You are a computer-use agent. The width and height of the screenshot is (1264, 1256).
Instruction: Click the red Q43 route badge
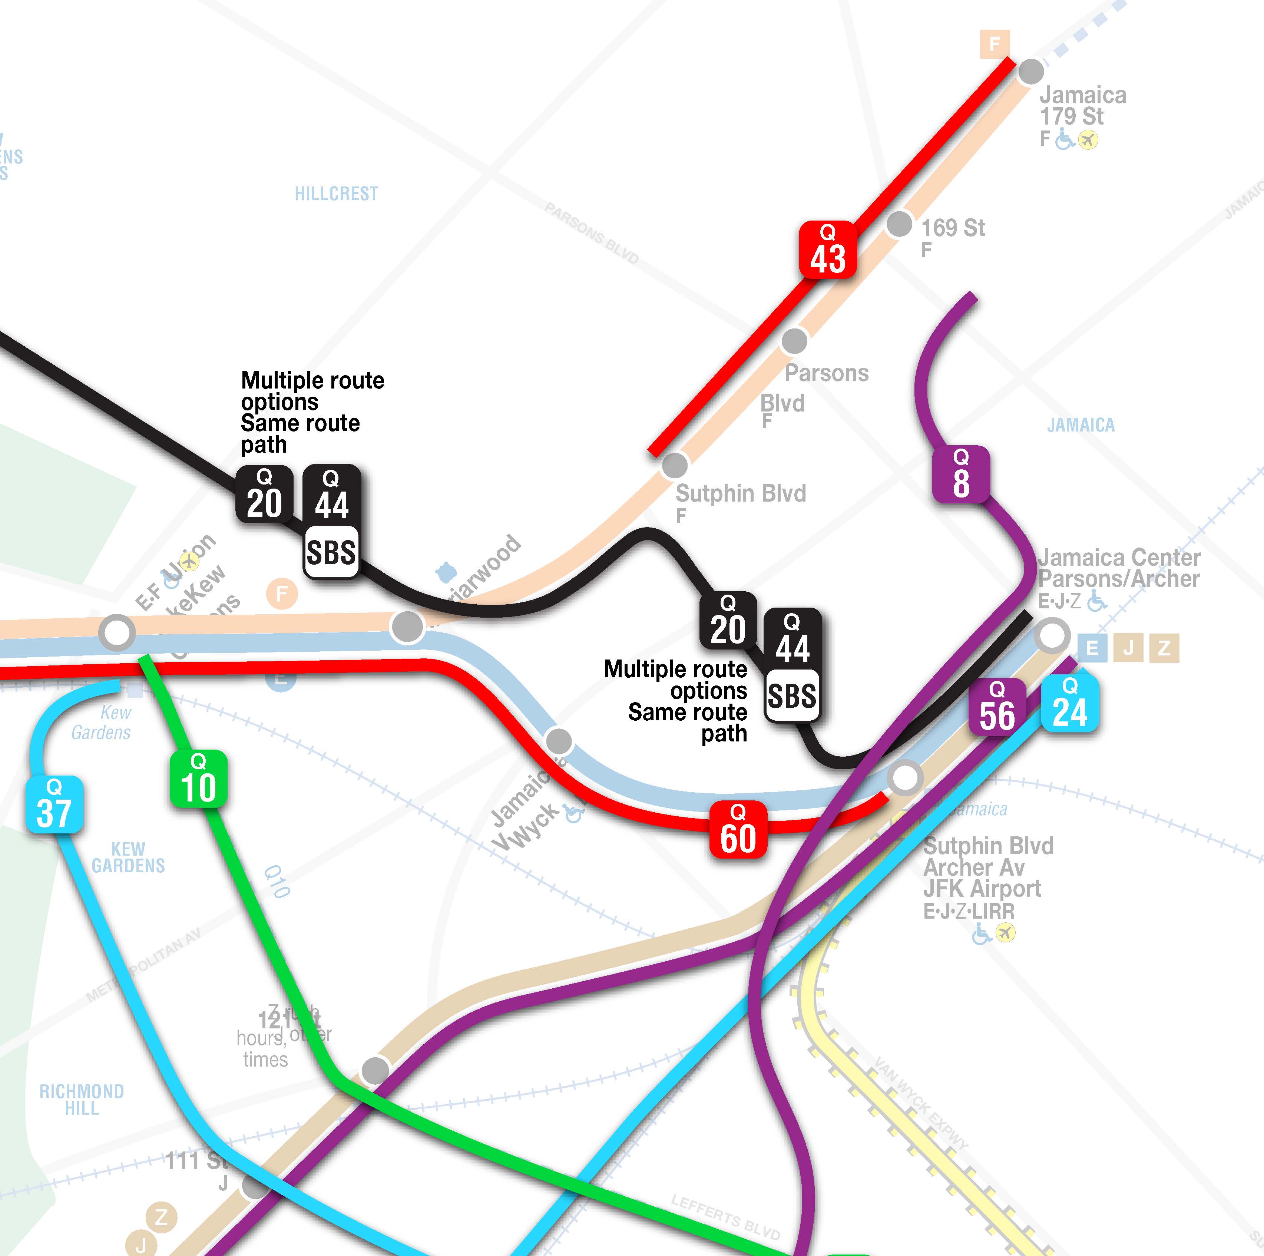coord(828,249)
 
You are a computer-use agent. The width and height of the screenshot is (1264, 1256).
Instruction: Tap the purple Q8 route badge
coord(960,474)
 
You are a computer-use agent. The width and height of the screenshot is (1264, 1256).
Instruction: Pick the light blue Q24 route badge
coord(1070,703)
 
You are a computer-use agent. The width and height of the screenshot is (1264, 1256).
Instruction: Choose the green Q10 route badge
coord(198,779)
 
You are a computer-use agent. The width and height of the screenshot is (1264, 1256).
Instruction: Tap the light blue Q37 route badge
coord(54,804)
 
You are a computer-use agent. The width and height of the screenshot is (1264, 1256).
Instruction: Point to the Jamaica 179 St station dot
coord(1031,71)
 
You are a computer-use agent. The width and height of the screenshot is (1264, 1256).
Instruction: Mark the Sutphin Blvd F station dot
coord(675,466)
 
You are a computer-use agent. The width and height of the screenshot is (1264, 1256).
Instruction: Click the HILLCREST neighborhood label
coord(336,194)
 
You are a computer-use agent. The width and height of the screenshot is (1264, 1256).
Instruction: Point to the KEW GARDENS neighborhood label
coord(128,857)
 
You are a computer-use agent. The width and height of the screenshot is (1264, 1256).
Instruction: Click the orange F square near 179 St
coord(995,44)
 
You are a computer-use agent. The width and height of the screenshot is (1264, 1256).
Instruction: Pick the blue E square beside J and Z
coord(1092,648)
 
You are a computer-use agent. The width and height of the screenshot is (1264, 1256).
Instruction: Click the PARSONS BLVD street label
coord(592,233)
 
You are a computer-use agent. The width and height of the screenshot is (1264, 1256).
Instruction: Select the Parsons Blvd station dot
coord(794,341)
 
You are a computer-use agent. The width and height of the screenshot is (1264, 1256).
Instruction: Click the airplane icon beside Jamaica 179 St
coord(1088,139)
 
